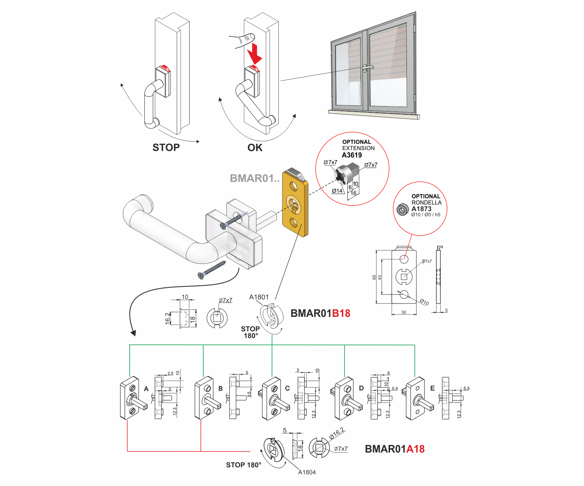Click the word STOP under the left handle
pyautogui.click(x=166, y=148)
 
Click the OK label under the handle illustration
pyautogui.click(x=255, y=148)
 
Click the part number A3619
pyautogui.click(x=352, y=155)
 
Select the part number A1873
pyautogui.click(x=422, y=209)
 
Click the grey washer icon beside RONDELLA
pyautogui.click(x=402, y=210)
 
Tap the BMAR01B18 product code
pyautogui.click(x=320, y=313)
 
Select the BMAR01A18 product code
pyautogui.click(x=394, y=449)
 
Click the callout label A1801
pyautogui.click(x=259, y=297)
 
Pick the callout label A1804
pyautogui.click(x=307, y=472)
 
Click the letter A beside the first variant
pyautogui.click(x=146, y=389)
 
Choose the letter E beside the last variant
pyautogui.click(x=433, y=388)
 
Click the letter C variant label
pyautogui.click(x=287, y=388)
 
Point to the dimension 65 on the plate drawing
pyautogui.click(x=374, y=277)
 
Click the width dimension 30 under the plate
pyautogui.click(x=404, y=312)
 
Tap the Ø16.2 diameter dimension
pyautogui.click(x=337, y=433)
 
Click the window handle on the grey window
pyautogui.click(x=367, y=68)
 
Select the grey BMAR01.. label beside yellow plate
pyautogui.click(x=255, y=178)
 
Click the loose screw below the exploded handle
pyautogui.click(x=212, y=269)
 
